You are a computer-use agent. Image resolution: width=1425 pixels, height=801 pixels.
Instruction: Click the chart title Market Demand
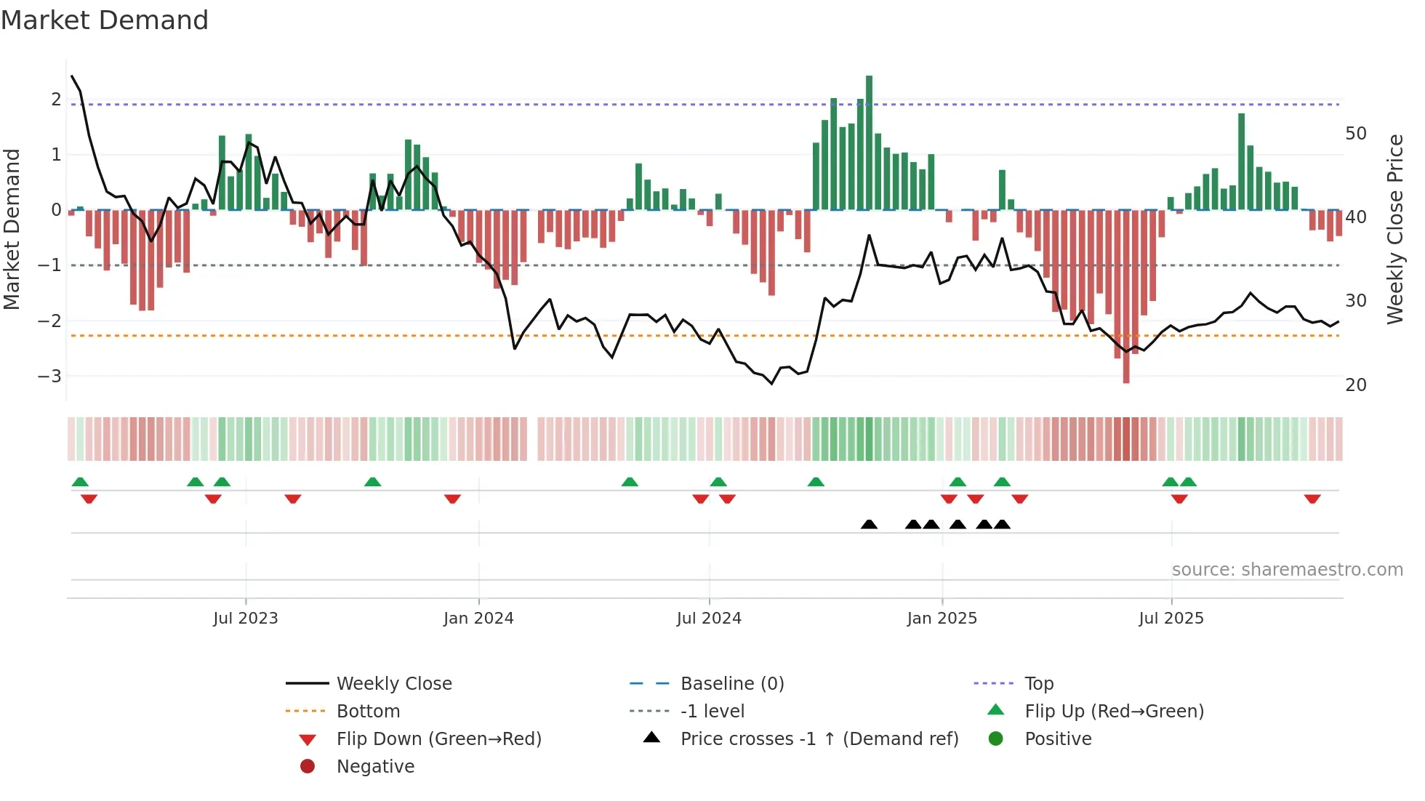[105, 20]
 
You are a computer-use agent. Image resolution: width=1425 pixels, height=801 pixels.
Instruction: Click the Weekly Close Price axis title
[1394, 229]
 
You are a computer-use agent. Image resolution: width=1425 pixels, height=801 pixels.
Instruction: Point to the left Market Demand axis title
[12, 229]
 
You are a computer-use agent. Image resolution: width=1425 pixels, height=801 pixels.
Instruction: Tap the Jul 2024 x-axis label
[709, 619]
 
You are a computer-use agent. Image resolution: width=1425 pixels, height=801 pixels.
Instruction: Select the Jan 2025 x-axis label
[942, 619]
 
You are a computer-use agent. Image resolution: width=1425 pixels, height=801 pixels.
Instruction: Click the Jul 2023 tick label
[246, 619]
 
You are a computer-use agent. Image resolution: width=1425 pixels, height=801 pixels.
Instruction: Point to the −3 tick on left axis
[49, 377]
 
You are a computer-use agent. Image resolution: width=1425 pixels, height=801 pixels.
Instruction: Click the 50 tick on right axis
[1356, 134]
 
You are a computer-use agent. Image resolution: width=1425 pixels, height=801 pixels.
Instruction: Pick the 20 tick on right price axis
[1356, 385]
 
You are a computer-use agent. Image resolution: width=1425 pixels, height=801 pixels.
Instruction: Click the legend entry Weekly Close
[393, 684]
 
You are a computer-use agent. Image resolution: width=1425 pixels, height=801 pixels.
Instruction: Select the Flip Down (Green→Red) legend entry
[438, 739]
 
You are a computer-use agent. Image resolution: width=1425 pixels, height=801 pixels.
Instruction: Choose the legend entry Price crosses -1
[819, 739]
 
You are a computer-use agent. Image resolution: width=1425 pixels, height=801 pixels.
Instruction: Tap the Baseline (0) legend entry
[731, 684]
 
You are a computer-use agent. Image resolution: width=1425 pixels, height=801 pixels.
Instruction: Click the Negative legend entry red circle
[308, 767]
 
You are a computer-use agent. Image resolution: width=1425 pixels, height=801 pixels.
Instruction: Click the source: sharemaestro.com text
[1287, 570]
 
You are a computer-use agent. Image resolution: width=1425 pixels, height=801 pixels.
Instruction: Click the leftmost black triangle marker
[869, 524]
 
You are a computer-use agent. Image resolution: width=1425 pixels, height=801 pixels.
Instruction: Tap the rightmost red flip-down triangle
[1312, 499]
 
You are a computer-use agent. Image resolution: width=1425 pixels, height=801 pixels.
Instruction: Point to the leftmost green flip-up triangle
[80, 482]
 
